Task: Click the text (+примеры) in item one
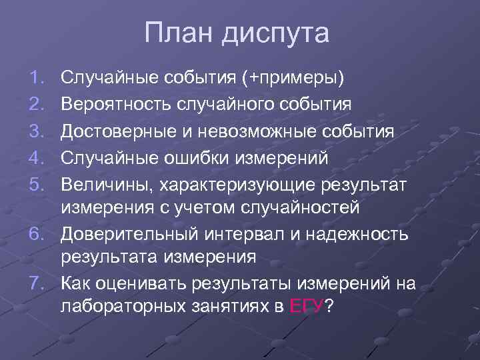tap(295, 79)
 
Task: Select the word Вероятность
tap(118, 105)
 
